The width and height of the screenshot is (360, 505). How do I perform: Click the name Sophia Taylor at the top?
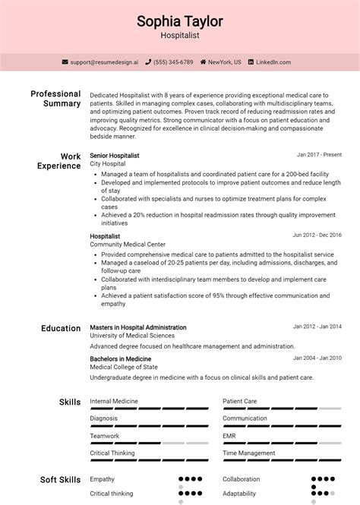(180, 21)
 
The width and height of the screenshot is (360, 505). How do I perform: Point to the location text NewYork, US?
(225, 62)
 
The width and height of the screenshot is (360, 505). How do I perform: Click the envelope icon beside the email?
(65, 62)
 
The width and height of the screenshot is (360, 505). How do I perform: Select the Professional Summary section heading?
(55, 99)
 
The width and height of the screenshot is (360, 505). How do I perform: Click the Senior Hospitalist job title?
(115, 155)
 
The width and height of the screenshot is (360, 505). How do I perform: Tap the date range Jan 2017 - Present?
(319, 155)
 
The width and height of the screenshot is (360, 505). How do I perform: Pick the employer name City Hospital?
(107, 163)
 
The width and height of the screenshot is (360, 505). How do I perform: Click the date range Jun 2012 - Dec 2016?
(317, 235)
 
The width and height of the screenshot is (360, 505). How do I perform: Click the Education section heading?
(61, 328)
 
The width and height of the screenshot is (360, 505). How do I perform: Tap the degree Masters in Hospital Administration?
(137, 327)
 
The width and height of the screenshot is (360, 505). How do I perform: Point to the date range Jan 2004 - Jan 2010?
(317, 358)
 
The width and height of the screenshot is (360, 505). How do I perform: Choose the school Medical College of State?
(124, 367)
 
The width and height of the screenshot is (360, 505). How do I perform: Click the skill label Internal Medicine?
(115, 400)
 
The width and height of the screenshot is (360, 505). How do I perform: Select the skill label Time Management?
(249, 453)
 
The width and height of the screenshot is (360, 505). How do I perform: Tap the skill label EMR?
(229, 435)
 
